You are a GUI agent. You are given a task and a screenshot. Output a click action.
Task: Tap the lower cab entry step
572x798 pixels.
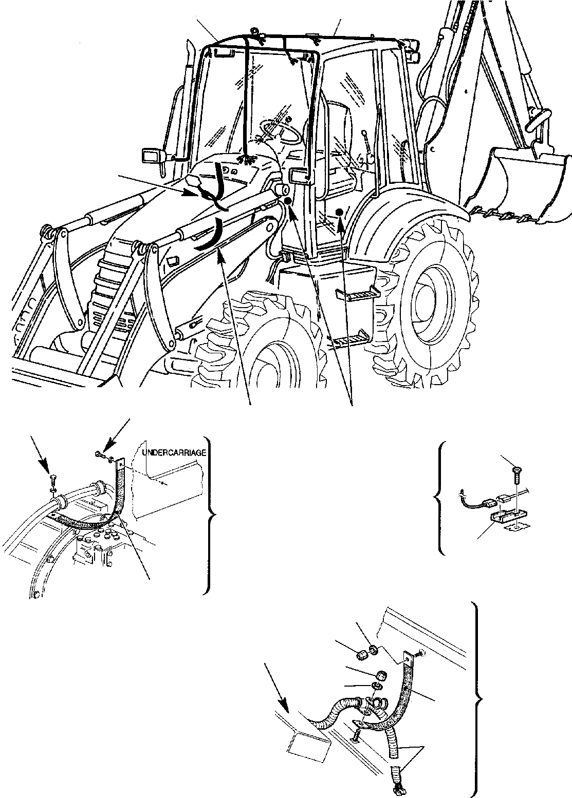[x=349, y=337]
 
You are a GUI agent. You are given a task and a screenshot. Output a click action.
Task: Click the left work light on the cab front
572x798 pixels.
[x=152, y=155]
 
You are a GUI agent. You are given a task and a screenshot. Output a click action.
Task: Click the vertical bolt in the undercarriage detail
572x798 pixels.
[x=51, y=478]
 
